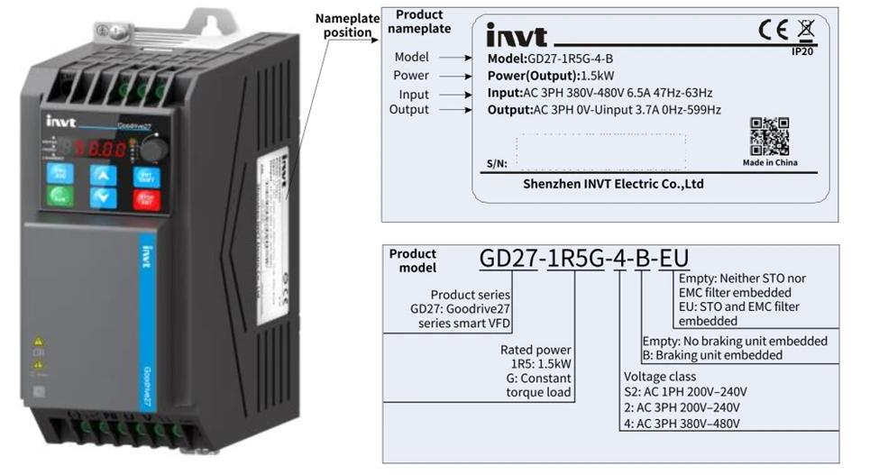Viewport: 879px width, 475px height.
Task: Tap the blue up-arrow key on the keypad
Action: point(105,175)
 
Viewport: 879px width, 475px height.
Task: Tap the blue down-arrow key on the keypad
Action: point(105,197)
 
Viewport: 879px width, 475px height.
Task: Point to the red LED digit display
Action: point(99,148)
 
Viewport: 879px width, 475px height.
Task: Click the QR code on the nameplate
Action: point(769,136)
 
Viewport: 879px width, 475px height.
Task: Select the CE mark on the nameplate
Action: point(774,32)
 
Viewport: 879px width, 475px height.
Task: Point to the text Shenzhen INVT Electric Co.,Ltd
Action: point(613,184)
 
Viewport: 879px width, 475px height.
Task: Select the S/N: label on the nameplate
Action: point(496,164)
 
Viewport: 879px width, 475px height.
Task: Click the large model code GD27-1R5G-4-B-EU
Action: point(585,258)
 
